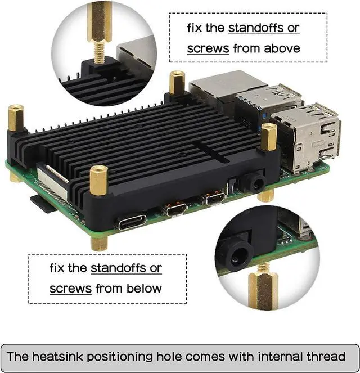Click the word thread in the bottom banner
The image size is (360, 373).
326,357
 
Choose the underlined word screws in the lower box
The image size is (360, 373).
70,289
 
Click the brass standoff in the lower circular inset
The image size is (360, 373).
263,288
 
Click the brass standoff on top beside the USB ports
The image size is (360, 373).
269,137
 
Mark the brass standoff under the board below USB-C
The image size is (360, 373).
99,243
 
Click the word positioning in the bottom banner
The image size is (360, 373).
119,357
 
